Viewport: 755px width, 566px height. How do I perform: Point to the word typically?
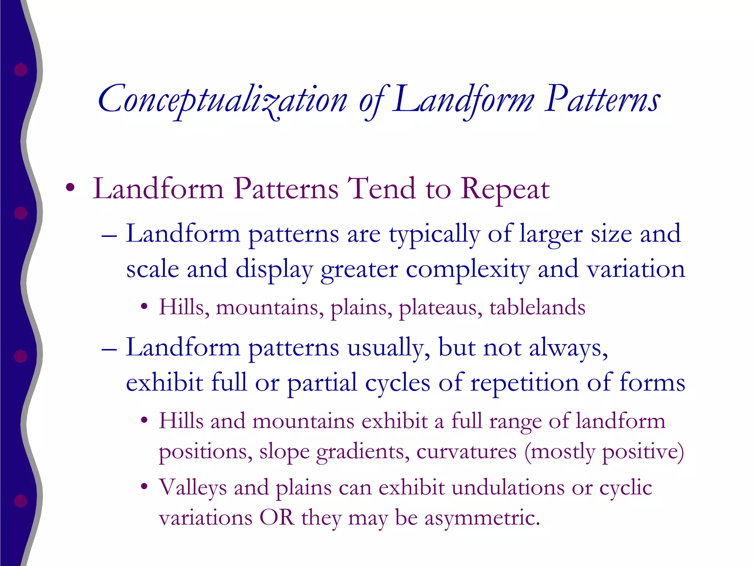point(434,234)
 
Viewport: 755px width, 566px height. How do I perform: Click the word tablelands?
point(537,307)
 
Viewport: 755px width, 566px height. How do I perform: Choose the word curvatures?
point(466,452)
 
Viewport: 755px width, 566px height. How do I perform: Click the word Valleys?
point(192,488)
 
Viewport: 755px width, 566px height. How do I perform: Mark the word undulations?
point(508,487)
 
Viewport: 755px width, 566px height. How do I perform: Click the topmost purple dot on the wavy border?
point(21,70)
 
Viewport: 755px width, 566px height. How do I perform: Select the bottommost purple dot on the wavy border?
point(21,501)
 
